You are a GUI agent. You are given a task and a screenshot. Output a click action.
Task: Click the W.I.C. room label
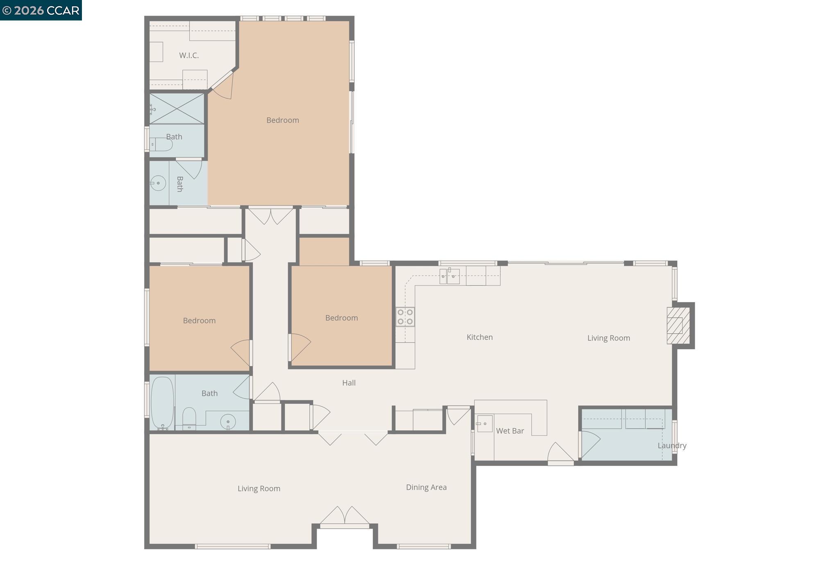pos(189,55)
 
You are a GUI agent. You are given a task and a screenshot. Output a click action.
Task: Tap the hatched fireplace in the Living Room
pos(678,325)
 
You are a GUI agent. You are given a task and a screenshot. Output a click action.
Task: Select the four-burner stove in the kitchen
pos(405,316)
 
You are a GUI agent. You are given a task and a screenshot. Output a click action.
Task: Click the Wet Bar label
pos(510,431)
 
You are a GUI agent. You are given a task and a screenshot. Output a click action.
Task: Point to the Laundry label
pos(671,445)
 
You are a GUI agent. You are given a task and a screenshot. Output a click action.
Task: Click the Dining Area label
pos(426,487)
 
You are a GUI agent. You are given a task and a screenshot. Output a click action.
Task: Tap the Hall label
pos(349,383)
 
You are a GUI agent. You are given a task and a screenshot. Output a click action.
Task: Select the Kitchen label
pos(479,337)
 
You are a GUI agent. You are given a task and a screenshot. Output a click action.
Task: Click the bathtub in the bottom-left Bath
pos(162,402)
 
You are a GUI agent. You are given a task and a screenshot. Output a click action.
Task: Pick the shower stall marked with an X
pos(177,108)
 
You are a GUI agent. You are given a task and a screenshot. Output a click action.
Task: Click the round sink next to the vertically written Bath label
pos(158,183)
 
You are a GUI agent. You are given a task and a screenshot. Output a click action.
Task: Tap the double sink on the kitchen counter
pos(449,276)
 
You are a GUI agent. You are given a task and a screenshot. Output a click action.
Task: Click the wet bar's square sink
pos(484,424)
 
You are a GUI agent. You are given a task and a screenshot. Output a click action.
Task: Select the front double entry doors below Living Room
pos(345,517)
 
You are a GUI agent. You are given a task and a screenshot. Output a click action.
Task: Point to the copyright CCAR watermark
pos(41,10)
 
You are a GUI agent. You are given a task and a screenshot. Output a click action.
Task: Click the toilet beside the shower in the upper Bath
pos(161,145)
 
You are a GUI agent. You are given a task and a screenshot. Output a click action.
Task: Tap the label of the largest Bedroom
pos(282,120)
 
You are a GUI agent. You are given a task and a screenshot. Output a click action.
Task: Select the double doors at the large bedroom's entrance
pos(271,215)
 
